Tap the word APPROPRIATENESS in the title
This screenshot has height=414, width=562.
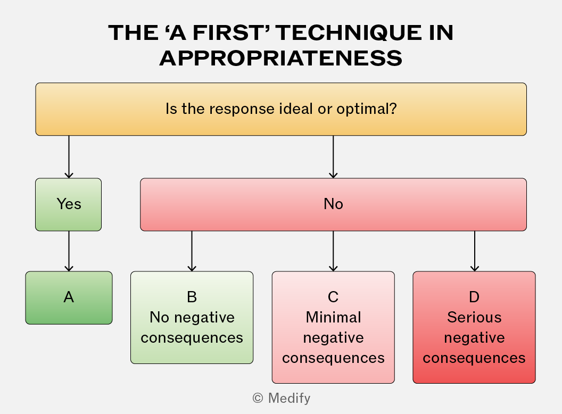pos(281,59)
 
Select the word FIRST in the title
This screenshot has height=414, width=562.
pos(228,32)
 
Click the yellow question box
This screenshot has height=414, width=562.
pos(281,109)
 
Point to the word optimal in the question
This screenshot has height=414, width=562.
pos(366,109)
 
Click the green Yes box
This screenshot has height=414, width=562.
pos(69,204)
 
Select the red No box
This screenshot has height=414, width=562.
pos(333,204)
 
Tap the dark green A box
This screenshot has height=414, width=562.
pos(69,297)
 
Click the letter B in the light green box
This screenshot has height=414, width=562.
pos(192,297)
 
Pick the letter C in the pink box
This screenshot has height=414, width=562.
pos(333,297)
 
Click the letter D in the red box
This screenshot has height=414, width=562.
pos(474,297)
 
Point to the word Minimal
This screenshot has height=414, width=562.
pos(333,317)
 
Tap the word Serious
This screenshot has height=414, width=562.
pos(474,317)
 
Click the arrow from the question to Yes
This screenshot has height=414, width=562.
pos(69,156)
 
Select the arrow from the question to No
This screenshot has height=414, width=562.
pos(333,156)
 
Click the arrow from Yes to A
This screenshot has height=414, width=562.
pos(69,251)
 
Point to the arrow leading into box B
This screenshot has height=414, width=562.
pos(192,251)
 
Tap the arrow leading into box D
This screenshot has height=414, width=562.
pos(475,251)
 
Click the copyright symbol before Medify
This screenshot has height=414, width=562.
pos(258,398)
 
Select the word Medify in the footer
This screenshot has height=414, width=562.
pos(289,398)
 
